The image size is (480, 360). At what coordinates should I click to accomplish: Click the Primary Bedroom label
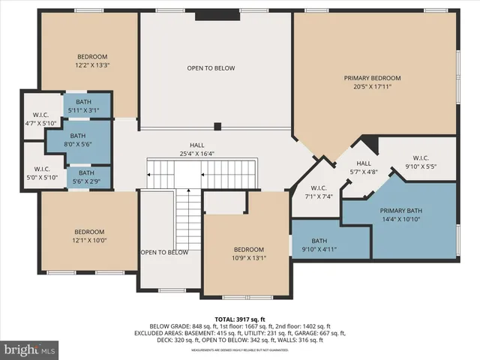click(373, 78)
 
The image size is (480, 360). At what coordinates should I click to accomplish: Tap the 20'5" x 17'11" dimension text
click(373, 87)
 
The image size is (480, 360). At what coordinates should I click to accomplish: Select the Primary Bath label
click(402, 211)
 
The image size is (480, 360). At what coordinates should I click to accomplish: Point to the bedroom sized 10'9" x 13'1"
click(248, 253)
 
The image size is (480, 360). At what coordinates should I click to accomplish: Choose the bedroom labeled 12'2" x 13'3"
click(92, 61)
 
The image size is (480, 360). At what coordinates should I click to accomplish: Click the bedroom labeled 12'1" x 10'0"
click(88, 236)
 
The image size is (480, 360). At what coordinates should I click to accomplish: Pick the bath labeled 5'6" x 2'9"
click(86, 178)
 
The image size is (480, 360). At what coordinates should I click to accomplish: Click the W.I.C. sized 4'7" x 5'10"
click(40, 118)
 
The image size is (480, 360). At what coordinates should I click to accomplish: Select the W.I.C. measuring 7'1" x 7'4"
click(318, 192)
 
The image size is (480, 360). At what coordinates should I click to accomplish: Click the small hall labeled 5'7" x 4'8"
click(364, 167)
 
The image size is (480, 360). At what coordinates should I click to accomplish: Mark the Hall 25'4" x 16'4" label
click(197, 149)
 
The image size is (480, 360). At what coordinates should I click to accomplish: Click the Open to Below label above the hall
click(211, 68)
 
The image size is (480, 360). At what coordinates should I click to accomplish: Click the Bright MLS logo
click(30, 349)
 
